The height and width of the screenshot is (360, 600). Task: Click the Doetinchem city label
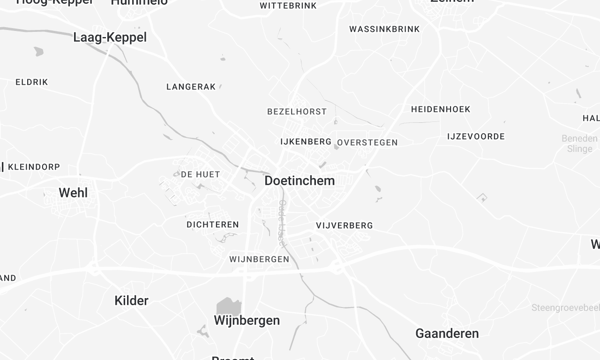300,181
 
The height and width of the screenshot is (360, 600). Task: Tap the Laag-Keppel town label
110,38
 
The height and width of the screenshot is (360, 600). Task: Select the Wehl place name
73,193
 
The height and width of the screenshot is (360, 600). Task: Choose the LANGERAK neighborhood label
191,87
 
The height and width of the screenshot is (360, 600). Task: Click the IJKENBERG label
306,142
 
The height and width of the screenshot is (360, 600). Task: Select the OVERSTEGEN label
368,142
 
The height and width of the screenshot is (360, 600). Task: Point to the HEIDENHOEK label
441,108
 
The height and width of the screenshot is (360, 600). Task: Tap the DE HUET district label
200,174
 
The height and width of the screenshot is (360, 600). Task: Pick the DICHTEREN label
212,225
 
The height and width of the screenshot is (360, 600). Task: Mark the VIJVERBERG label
344,226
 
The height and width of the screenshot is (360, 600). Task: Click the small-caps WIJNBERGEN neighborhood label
259,259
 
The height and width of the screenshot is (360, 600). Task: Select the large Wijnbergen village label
247,321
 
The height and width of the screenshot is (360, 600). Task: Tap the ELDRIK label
31,82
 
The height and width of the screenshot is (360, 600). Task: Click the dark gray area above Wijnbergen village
230,306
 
